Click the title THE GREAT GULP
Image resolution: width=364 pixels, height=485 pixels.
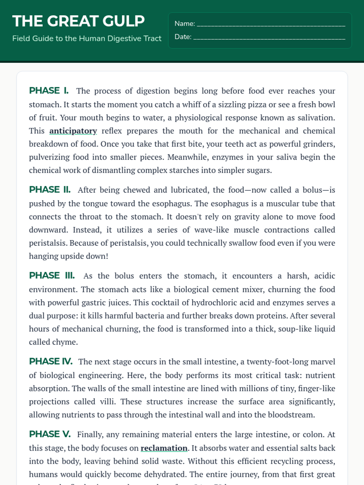(78, 21)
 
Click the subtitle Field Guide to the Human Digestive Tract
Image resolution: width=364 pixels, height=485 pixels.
(87, 38)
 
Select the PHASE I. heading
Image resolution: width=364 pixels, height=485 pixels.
(49, 91)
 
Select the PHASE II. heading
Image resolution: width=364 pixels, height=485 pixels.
(50, 190)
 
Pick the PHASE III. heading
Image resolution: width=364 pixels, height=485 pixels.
(52, 276)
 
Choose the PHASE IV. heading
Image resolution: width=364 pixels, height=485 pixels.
(51, 361)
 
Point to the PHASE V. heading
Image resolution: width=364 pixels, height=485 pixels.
(50, 434)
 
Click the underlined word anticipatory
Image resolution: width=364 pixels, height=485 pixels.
(73, 131)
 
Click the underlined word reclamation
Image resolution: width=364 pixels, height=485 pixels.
(164, 448)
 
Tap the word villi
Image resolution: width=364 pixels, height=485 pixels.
(107, 402)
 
